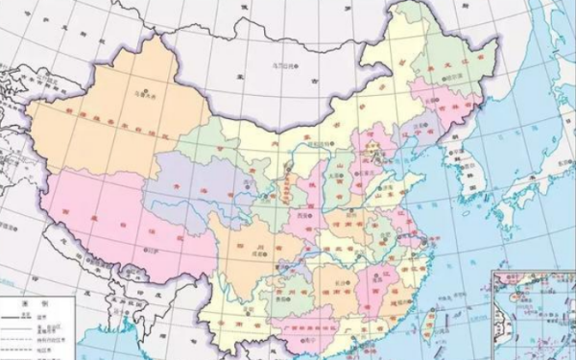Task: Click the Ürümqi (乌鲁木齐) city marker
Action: coord(151,97)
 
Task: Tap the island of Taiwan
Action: coord(430,320)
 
